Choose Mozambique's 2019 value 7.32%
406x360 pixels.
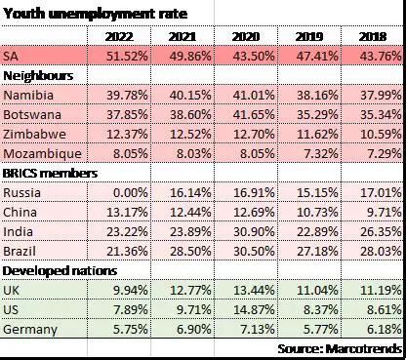pyautogui.click(x=317, y=153)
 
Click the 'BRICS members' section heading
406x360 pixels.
pyautogui.click(x=52, y=173)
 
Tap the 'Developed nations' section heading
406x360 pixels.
pyautogui.click(x=61, y=270)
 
